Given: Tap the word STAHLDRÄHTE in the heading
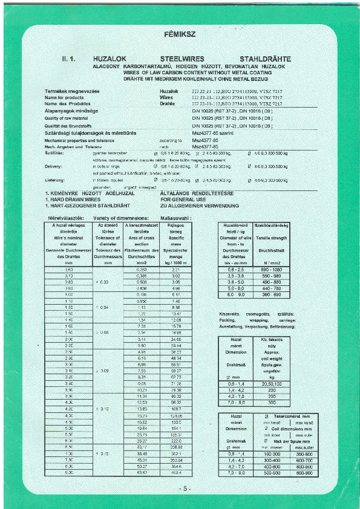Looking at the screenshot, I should (x=265, y=59).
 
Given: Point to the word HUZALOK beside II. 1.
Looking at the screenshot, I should (x=111, y=59).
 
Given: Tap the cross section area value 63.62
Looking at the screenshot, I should (x=142, y=473).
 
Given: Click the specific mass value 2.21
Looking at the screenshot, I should (x=176, y=269).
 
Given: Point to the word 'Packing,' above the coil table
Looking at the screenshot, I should (x=227, y=320).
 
